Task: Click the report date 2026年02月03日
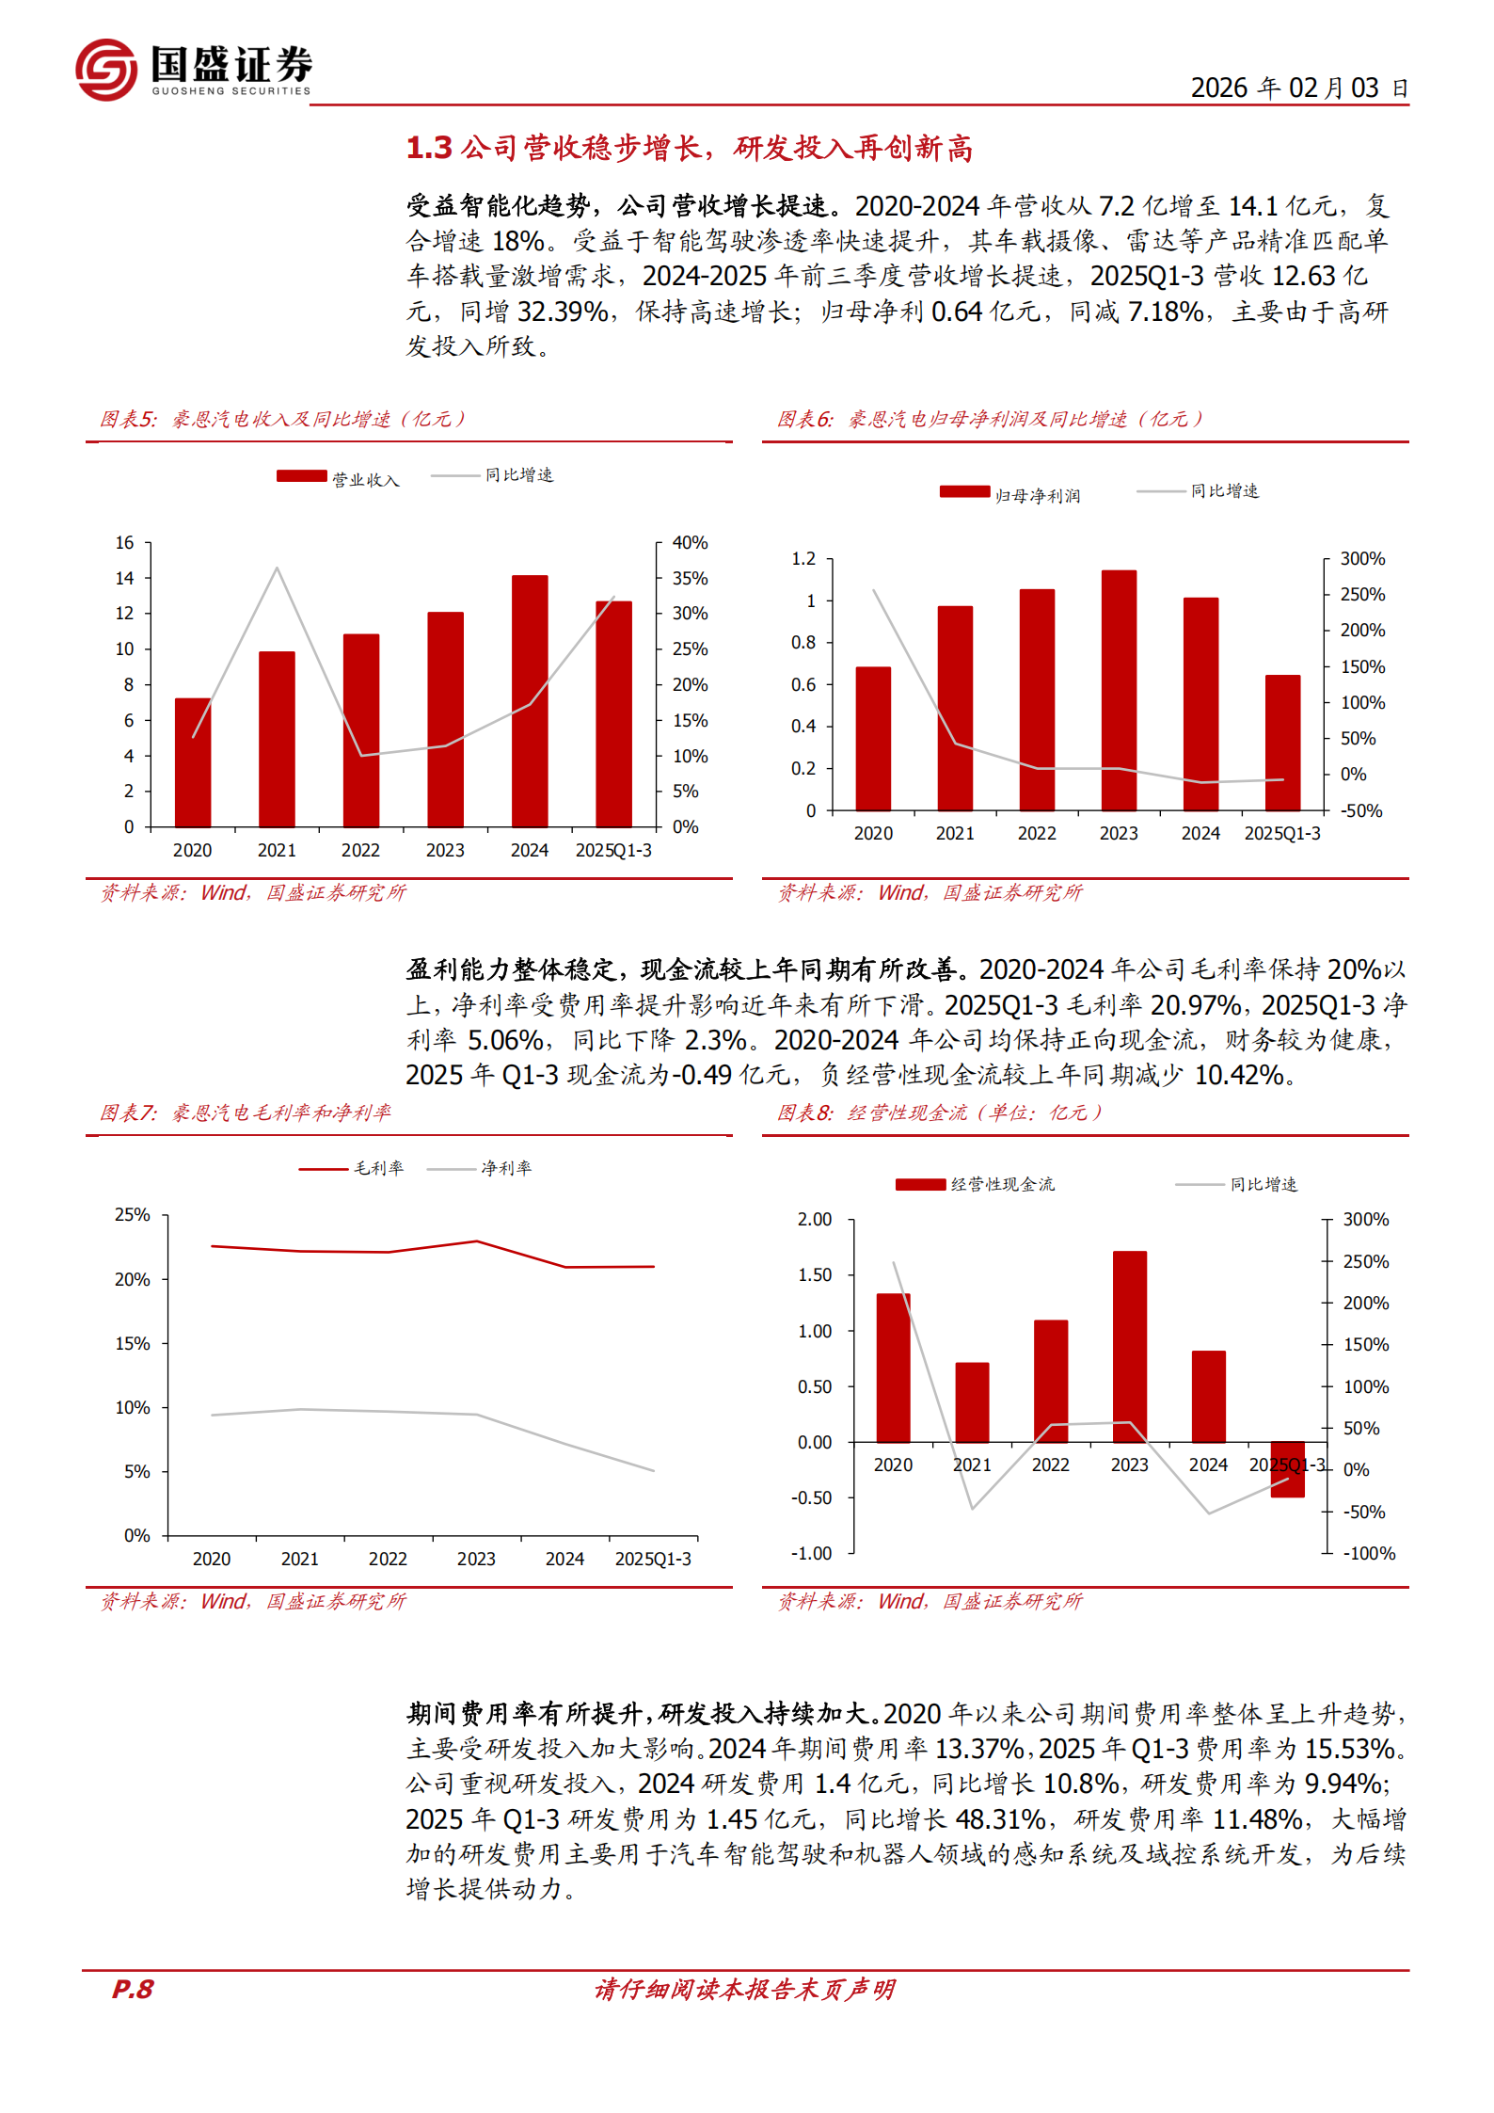click(x=1298, y=88)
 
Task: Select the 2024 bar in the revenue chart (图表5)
click(x=530, y=700)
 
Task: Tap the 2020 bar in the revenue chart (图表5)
click(x=193, y=762)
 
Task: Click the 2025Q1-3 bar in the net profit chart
click(x=1282, y=743)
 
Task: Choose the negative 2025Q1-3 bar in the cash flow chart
click(x=1287, y=1469)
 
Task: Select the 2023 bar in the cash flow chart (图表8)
click(x=1129, y=1346)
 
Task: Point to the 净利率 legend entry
click(x=505, y=1168)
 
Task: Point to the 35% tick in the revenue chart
click(x=690, y=579)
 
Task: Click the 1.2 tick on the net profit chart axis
click(x=803, y=559)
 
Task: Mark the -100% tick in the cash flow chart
click(x=1369, y=1554)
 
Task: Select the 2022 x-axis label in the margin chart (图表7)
click(x=388, y=1559)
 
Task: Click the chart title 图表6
click(x=805, y=420)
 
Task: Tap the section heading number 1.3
click(x=429, y=149)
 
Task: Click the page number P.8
click(x=133, y=1989)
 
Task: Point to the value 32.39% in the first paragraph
click(x=563, y=312)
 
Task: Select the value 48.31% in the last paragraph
click(x=999, y=1819)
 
